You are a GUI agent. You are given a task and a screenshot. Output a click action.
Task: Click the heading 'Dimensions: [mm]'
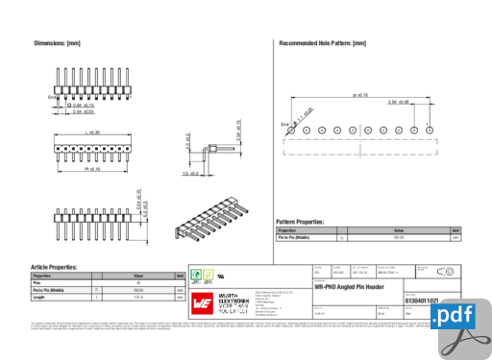click(57, 44)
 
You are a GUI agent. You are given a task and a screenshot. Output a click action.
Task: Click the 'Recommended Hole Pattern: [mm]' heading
click(322, 44)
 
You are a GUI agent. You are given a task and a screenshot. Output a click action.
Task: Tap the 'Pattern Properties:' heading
click(300, 222)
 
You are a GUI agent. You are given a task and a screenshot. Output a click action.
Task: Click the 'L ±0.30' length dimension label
click(93, 132)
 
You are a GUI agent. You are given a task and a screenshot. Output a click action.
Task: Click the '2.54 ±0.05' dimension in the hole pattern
click(398, 102)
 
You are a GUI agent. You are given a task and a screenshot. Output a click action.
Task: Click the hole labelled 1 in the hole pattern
click(429, 130)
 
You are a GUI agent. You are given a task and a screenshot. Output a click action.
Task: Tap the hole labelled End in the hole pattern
click(294, 130)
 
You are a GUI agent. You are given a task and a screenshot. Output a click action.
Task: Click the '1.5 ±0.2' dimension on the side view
click(190, 175)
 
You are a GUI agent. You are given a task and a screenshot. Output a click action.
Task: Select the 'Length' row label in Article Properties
click(39, 298)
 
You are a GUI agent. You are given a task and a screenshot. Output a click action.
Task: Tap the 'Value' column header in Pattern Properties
click(398, 230)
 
